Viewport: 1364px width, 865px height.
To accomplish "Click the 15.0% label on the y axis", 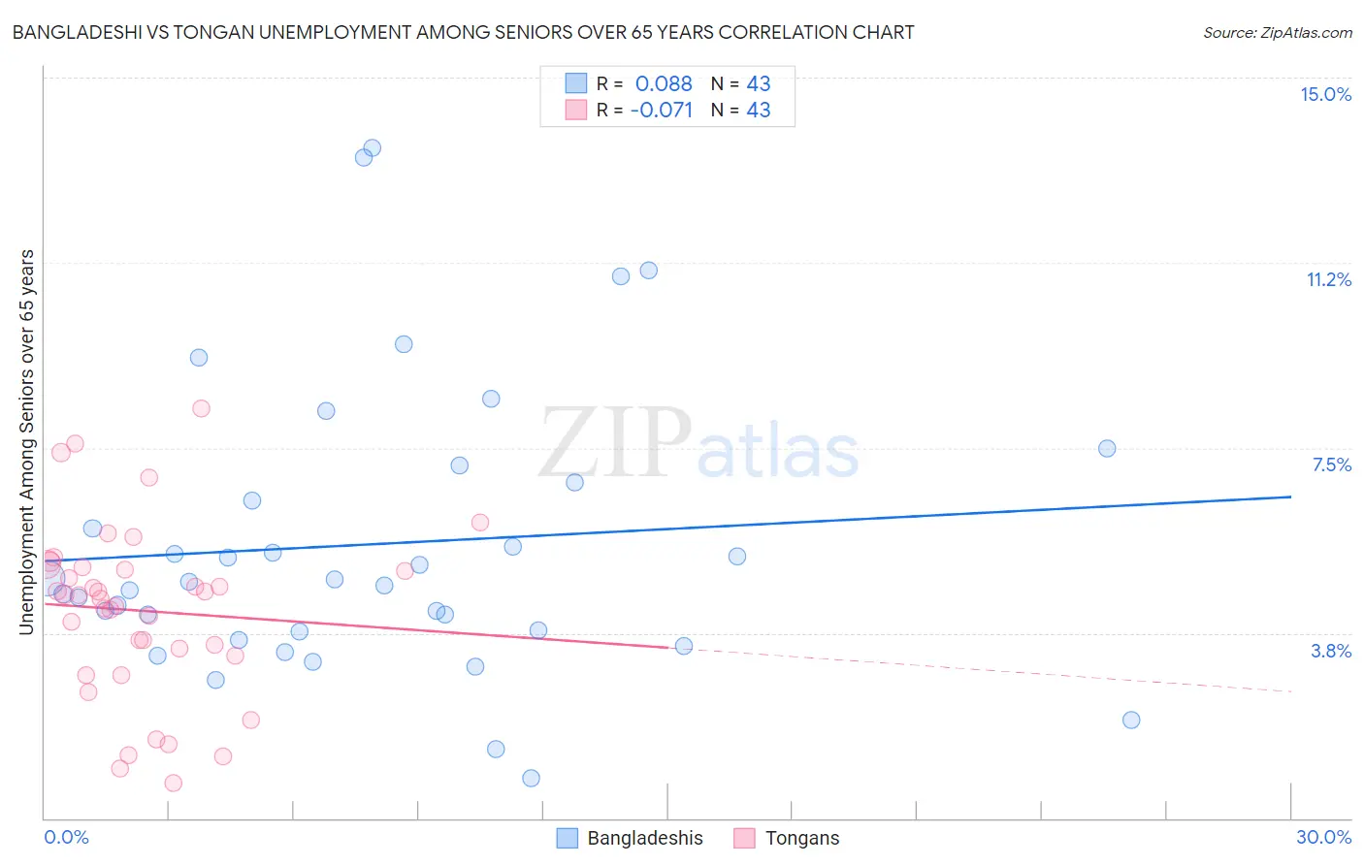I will tap(1325, 94).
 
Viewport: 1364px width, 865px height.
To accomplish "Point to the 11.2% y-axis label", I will tap(1328, 279).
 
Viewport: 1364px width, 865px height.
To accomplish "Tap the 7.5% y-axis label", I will tap(1331, 465).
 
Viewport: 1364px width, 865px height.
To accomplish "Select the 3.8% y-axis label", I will tap(1331, 651).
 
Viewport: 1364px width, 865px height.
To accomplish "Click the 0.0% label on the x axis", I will tap(66, 837).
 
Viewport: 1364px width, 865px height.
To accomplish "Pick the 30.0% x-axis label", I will tap(1323, 837).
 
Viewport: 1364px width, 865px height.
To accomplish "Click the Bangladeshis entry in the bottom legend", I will tap(644, 838).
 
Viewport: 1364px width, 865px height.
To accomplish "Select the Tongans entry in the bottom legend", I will tap(801, 838).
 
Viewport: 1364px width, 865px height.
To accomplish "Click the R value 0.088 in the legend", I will tap(664, 83).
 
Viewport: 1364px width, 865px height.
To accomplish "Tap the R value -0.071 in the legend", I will tap(662, 110).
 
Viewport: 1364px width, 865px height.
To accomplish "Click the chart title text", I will tap(463, 32).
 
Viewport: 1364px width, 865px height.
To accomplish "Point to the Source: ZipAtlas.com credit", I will tap(1277, 32).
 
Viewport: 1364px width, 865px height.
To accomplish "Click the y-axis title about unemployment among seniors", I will tap(26, 442).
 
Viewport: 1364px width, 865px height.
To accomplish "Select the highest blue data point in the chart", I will tap(372, 148).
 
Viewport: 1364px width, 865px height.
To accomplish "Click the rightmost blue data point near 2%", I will tap(1131, 720).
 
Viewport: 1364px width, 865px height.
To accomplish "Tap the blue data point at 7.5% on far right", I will tap(1107, 448).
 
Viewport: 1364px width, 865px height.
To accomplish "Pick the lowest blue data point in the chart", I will tap(531, 778).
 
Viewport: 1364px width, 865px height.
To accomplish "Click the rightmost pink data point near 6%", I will tap(479, 522).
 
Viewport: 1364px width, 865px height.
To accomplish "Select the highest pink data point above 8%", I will tap(201, 408).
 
